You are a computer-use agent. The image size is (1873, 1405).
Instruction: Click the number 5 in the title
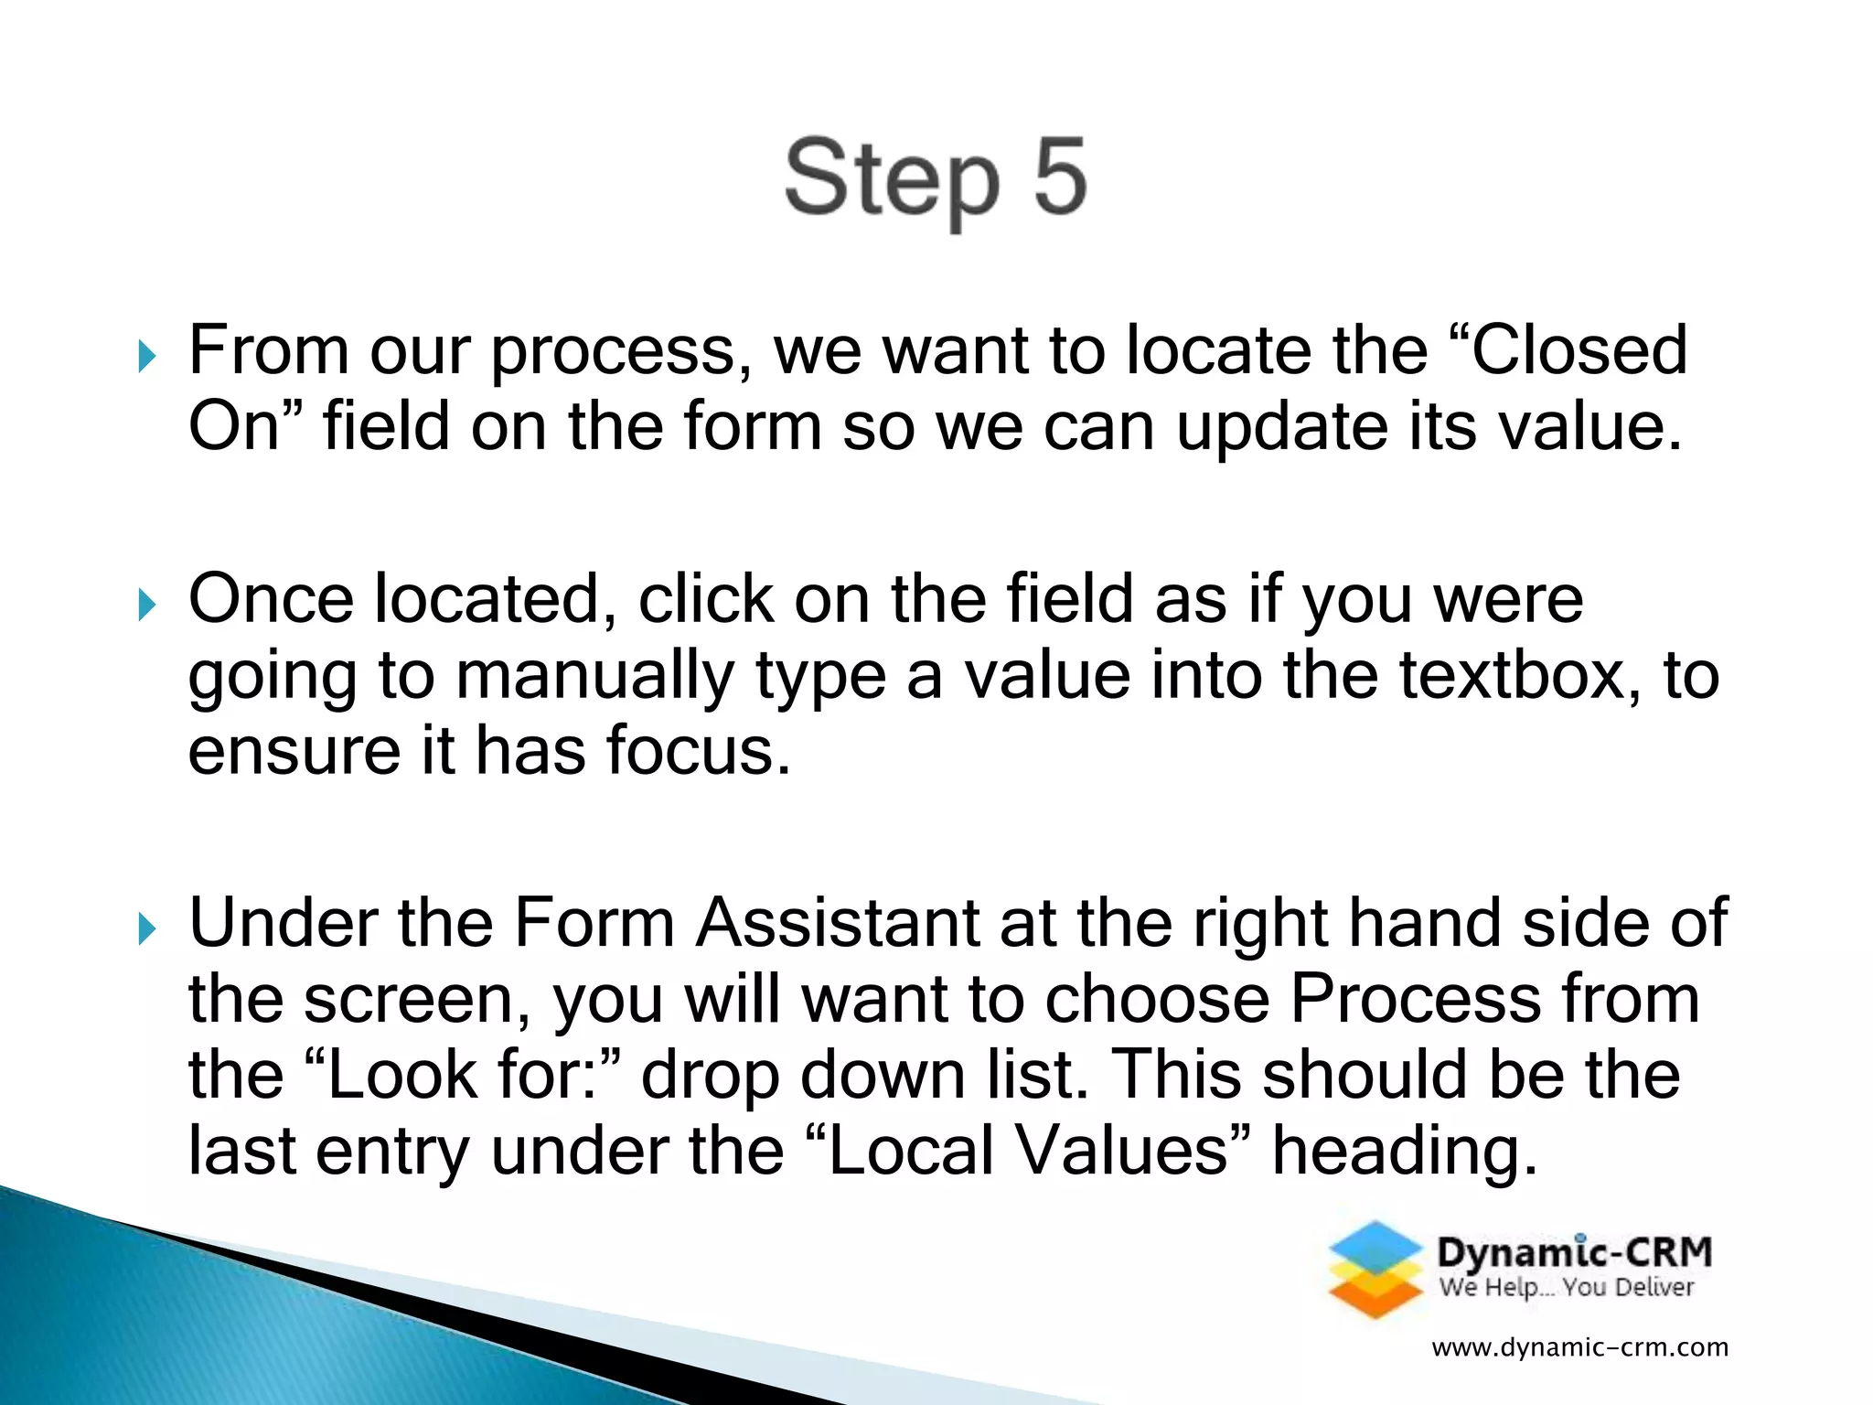[1060, 176]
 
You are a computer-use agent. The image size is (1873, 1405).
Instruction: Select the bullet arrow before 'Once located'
[147, 605]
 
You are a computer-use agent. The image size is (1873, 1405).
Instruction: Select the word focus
[699, 751]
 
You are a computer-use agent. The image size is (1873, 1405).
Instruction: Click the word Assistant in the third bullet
[838, 923]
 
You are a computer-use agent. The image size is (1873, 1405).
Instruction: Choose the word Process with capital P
[1415, 999]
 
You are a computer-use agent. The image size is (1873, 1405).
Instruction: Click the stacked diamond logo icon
[1375, 1270]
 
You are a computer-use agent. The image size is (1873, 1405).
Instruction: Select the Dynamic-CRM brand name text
[1574, 1251]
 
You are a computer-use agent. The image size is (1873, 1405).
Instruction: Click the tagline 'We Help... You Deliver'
[1567, 1288]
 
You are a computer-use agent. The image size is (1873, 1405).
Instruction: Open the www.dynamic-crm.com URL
[1579, 1347]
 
